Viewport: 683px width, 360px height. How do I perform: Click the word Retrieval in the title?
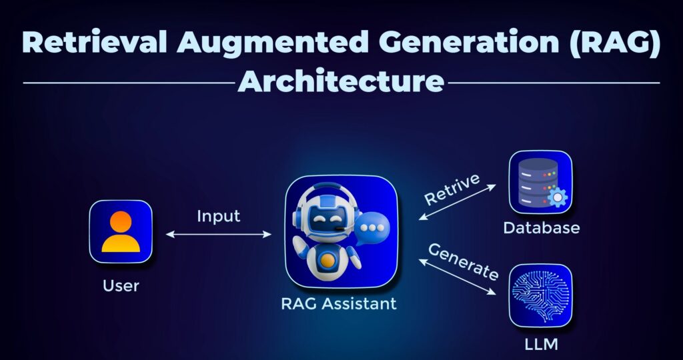pos(95,42)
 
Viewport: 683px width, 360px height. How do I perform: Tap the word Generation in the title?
pos(468,42)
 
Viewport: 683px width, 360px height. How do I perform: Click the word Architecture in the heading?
pos(341,81)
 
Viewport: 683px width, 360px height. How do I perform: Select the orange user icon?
pos(121,231)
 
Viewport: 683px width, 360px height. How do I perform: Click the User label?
pos(121,286)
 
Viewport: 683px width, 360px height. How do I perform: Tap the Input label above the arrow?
pos(218,217)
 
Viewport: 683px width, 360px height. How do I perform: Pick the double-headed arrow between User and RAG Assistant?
pos(218,234)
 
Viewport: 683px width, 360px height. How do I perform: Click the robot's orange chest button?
pos(328,260)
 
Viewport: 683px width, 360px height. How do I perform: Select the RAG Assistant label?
pos(339,303)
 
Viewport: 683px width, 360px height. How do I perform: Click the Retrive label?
pos(452,189)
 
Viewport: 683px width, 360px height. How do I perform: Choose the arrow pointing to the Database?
pos(457,202)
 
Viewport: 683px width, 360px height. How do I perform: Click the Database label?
pos(541,227)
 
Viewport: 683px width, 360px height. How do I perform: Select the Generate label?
pos(464,261)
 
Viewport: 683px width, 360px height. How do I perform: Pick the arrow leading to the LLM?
pos(457,277)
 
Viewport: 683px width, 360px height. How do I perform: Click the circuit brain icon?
pos(540,295)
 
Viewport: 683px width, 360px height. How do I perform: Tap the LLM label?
pos(541,344)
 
